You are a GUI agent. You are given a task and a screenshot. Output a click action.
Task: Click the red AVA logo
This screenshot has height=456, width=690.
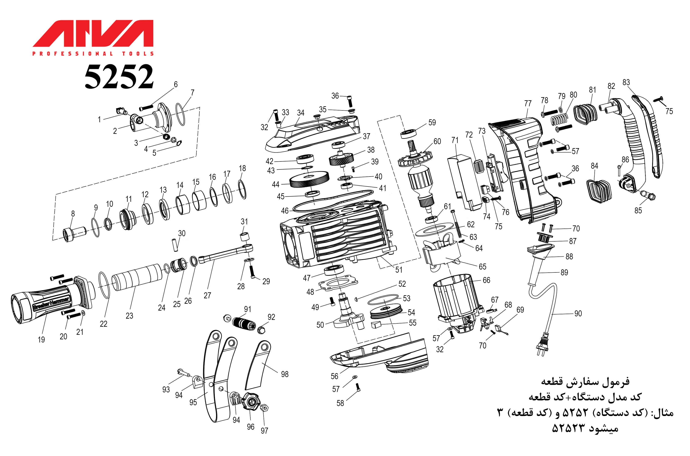[x=93, y=33]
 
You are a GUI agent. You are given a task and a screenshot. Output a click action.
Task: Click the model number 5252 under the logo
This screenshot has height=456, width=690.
[x=119, y=77]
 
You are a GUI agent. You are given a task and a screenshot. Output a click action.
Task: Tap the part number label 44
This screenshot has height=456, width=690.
[x=275, y=184]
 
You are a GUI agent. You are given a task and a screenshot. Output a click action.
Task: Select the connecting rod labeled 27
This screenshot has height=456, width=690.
[x=227, y=254]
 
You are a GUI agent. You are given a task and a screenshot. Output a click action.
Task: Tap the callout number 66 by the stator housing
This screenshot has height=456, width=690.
[x=486, y=280]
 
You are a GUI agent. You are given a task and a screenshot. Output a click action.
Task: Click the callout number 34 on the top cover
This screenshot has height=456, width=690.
[x=301, y=113]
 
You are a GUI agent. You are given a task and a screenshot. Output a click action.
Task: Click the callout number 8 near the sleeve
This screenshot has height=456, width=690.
[x=73, y=214]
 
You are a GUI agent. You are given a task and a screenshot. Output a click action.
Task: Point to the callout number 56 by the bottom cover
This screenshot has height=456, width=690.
[x=334, y=376]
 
